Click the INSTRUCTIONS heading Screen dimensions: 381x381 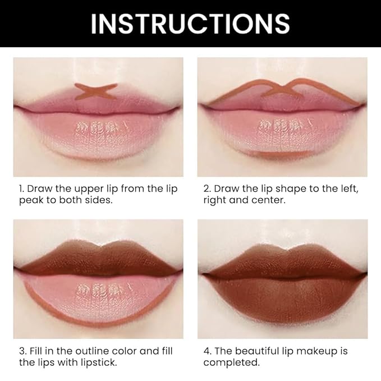click(190, 24)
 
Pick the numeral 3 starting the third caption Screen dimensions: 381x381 click(22, 351)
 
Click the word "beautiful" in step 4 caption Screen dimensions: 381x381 click(254, 351)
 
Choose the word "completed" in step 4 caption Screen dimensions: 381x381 click(231, 363)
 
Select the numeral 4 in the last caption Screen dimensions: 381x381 click(206, 351)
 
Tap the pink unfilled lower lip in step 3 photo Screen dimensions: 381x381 click(98, 295)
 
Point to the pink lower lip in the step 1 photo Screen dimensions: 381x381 click(98, 135)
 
